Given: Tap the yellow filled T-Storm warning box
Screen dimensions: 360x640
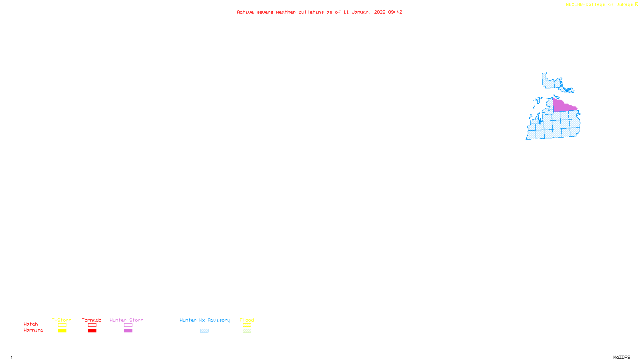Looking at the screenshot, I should pyautogui.click(x=62, y=331).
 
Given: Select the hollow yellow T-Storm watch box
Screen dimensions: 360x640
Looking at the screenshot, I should pyautogui.click(x=62, y=325).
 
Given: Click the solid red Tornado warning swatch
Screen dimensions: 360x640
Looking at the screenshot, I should pyautogui.click(x=92, y=331).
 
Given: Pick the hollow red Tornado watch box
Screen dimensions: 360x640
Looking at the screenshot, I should pyautogui.click(x=92, y=325).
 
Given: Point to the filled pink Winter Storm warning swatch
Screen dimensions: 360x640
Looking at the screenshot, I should pyautogui.click(x=128, y=331).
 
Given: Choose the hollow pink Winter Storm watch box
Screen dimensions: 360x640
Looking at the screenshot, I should pyautogui.click(x=128, y=325).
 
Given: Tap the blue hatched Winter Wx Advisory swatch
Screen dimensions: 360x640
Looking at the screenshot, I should pyautogui.click(x=204, y=331).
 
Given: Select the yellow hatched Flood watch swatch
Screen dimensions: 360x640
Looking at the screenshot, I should pyautogui.click(x=247, y=325).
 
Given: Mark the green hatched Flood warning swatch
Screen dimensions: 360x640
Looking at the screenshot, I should pyautogui.click(x=247, y=331).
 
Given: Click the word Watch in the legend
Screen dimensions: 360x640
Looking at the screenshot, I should pyautogui.click(x=31, y=324).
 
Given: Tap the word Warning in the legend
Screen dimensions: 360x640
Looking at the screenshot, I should pyautogui.click(x=33, y=330).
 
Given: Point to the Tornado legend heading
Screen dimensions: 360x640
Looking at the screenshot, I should pyautogui.click(x=92, y=320).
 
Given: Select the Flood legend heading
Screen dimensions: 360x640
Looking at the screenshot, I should pyautogui.click(x=247, y=320).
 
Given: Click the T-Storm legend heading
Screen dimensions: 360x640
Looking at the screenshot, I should pyautogui.click(x=62, y=320).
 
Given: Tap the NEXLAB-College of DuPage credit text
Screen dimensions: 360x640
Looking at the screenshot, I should pyautogui.click(x=600, y=5).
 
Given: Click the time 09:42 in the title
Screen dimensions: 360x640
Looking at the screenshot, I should pyautogui.click(x=395, y=12).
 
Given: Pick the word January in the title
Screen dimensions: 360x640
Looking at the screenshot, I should pyautogui.click(x=362, y=12).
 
